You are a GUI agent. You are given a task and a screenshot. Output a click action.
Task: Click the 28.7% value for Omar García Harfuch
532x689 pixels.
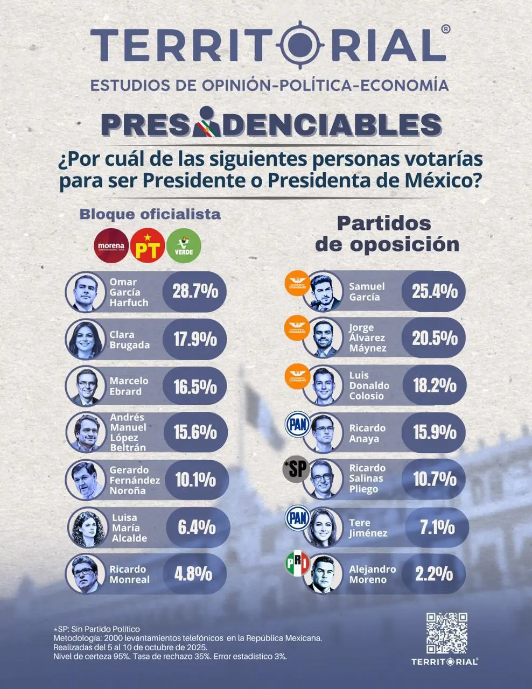(194, 291)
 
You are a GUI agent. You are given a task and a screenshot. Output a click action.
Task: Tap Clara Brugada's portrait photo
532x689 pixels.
(85, 340)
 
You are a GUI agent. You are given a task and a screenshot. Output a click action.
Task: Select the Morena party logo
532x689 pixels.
(111, 246)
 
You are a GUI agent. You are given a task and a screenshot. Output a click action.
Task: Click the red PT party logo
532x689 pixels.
(148, 246)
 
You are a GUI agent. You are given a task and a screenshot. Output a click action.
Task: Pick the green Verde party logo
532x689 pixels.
(184, 246)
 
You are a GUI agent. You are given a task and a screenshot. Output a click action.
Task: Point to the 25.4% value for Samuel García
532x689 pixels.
(435, 291)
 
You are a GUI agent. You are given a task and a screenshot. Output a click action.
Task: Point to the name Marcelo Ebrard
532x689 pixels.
(129, 386)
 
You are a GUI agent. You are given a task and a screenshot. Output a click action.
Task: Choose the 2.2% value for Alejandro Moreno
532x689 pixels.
(433, 574)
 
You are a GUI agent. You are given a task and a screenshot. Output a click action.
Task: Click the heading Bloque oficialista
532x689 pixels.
(150, 214)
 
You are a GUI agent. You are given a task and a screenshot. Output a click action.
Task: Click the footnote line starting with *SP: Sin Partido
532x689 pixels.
(96, 629)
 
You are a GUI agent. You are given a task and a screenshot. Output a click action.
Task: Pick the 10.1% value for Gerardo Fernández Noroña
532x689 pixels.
(195, 480)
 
